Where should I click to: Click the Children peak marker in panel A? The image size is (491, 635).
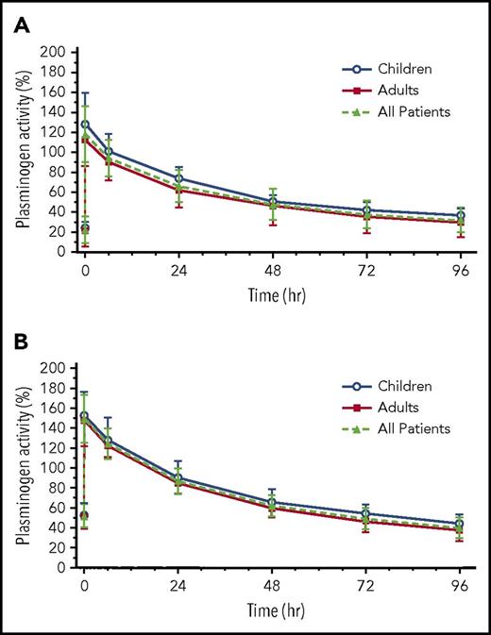tap(86, 124)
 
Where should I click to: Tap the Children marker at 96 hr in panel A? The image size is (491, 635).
tap(460, 215)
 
